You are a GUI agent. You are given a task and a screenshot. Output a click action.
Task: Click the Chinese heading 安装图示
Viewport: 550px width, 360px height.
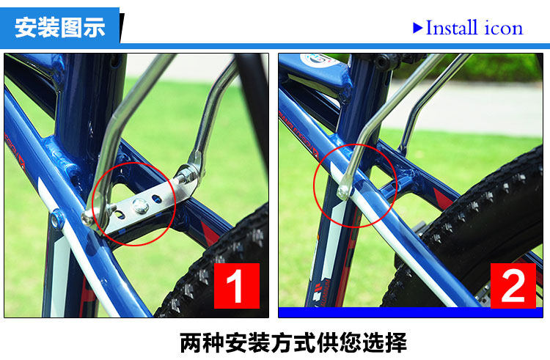[x=60, y=27]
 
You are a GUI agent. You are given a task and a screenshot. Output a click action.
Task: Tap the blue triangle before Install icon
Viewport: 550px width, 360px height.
[x=418, y=28]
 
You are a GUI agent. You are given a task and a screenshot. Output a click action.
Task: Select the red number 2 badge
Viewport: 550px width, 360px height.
[x=513, y=287]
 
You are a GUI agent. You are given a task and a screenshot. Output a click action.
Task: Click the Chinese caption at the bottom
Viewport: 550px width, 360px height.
[x=293, y=342]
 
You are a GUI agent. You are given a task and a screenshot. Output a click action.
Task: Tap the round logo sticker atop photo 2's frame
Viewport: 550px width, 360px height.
[x=317, y=59]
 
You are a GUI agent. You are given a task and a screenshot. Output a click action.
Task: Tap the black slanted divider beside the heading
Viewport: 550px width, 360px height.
[x=122, y=28]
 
